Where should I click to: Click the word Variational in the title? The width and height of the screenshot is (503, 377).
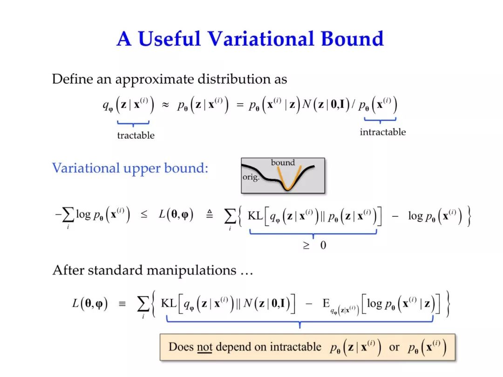tap(261, 39)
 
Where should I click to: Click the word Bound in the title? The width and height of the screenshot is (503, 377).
tap(352, 39)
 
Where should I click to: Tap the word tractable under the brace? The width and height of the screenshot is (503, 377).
tap(136, 135)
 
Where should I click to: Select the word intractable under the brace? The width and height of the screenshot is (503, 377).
tap(383, 132)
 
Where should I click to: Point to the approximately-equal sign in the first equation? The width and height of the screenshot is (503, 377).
tap(165, 105)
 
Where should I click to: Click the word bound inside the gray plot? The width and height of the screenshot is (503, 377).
tap(283, 162)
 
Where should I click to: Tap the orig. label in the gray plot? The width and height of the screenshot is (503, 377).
tap(251, 177)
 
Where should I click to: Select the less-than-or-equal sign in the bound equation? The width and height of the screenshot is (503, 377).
tap(144, 215)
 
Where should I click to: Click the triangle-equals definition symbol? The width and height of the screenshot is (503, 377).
tap(209, 214)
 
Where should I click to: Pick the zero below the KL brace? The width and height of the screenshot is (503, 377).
tap(323, 245)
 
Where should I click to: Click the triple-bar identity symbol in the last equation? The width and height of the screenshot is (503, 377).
tap(122, 303)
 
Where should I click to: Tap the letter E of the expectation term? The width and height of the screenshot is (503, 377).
tap(326, 303)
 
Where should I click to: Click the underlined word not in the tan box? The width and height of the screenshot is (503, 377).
tap(204, 347)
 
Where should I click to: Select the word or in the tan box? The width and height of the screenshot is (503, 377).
tap(394, 347)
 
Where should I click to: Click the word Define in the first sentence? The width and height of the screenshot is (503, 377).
tap(72, 79)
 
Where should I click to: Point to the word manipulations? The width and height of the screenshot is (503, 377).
tap(191, 270)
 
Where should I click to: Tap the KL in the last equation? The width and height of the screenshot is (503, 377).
tap(169, 303)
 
